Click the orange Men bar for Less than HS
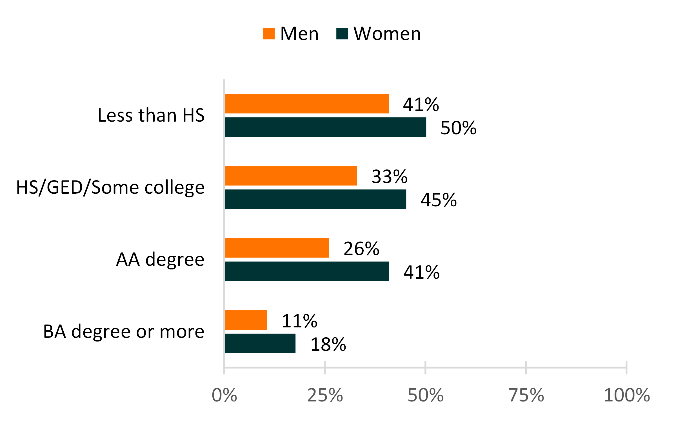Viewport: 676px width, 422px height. click(307, 104)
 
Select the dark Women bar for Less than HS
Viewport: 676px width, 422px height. click(325, 127)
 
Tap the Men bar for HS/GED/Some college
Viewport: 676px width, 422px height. click(291, 176)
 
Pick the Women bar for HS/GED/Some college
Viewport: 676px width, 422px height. click(315, 199)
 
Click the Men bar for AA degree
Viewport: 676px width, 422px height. click(277, 248)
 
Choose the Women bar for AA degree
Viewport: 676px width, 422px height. click(307, 271)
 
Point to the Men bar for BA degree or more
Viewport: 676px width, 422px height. click(246, 320)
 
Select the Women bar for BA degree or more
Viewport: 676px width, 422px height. click(260, 343)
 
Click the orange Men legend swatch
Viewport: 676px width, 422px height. click(269, 34)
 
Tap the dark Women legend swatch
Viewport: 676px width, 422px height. click(342, 34)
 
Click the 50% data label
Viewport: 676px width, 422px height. click(458, 128)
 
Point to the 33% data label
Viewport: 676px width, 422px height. click(390, 177)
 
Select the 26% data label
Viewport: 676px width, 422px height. click(361, 249)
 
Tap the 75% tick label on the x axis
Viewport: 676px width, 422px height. click(526, 395)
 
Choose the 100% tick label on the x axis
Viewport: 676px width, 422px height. click(627, 395)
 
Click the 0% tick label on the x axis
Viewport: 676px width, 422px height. click(224, 395)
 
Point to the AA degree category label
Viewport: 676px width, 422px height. click(160, 259)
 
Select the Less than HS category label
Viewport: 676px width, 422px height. click(151, 115)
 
